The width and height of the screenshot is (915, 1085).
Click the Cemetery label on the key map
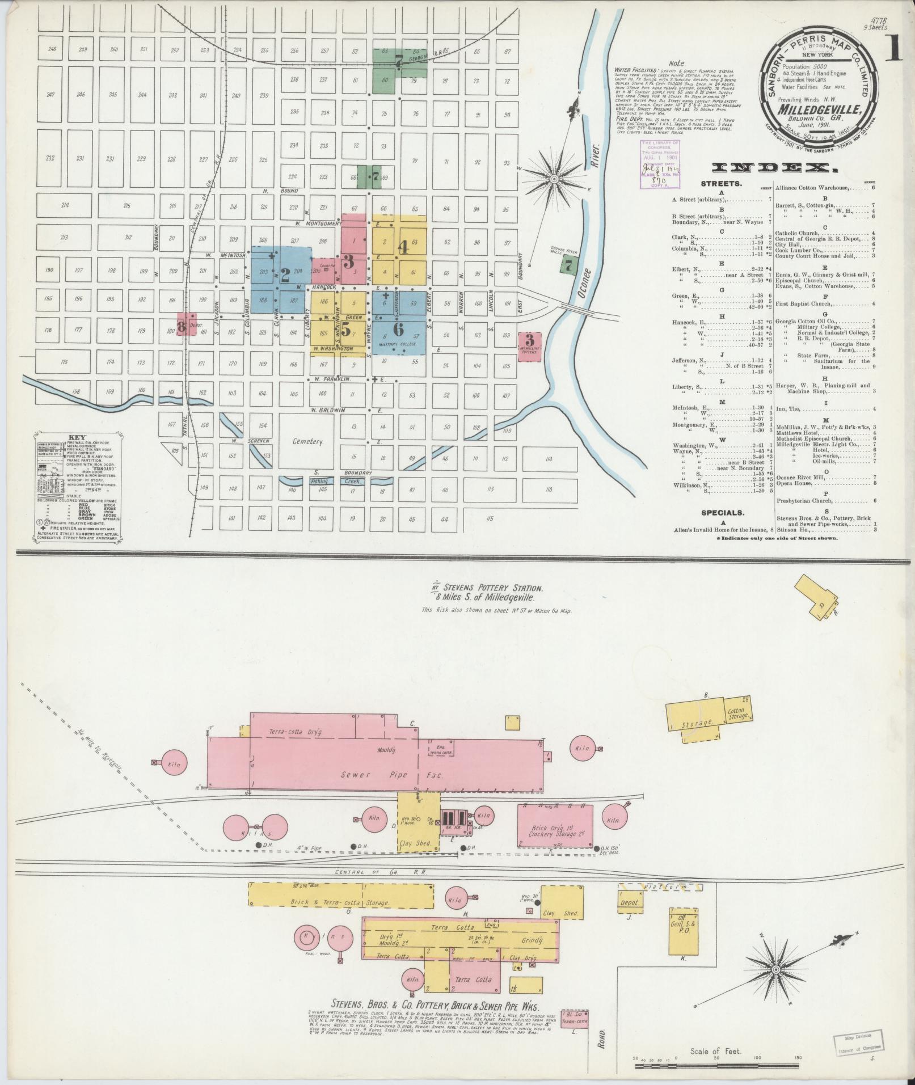tap(307, 442)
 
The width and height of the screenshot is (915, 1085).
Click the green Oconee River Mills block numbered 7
tap(570, 264)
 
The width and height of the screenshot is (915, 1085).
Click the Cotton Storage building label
tap(738, 713)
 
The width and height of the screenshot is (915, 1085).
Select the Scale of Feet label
tap(715, 1051)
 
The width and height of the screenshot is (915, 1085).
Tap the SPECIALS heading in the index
tap(722, 513)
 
